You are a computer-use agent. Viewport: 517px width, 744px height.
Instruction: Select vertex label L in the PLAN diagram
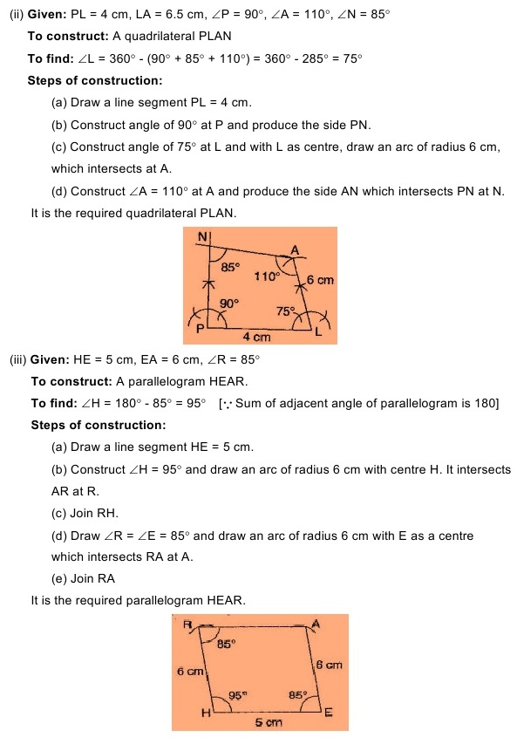click(318, 332)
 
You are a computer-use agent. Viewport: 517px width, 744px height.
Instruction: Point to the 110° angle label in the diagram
click(267, 276)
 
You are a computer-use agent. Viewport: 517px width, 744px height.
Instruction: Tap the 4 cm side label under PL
click(256, 337)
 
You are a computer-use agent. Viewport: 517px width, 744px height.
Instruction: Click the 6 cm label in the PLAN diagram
click(320, 280)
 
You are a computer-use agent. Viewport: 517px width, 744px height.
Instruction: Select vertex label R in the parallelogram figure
click(187, 624)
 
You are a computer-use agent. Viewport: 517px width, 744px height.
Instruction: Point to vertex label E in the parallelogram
click(328, 713)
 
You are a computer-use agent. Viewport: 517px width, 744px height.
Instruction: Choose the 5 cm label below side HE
click(269, 722)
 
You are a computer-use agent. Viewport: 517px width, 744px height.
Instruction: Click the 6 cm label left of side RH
click(189, 672)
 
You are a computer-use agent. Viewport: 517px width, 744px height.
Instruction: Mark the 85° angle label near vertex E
click(298, 695)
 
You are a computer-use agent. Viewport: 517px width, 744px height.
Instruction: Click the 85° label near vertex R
click(226, 644)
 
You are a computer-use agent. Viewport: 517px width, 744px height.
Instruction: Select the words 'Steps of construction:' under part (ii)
click(94, 81)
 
